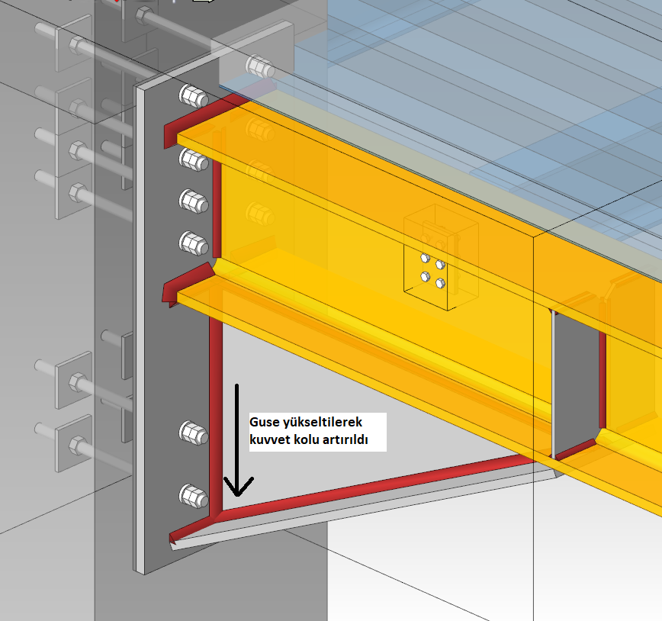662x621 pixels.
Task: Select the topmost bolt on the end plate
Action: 194,97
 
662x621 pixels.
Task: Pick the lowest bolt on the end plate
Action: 194,497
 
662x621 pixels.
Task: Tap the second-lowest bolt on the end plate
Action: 194,433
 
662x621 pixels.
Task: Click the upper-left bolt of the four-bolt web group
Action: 425,258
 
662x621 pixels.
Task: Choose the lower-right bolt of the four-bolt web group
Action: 440,283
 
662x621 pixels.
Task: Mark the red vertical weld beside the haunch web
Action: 216,418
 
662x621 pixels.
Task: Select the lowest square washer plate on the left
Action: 73,443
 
